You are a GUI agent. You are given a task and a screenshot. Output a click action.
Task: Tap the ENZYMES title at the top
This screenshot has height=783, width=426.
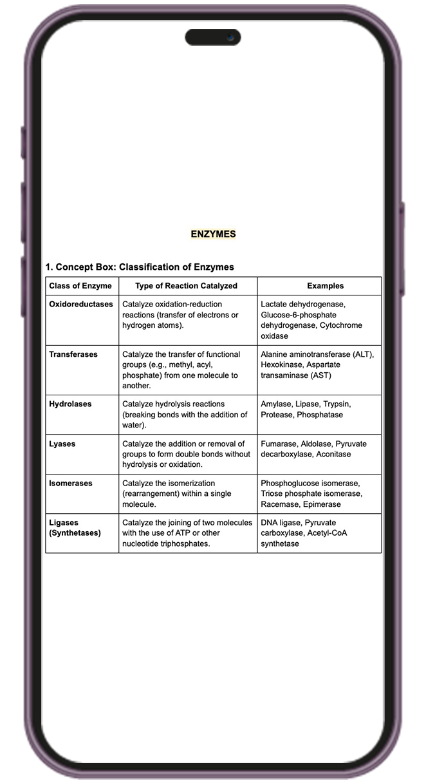213,234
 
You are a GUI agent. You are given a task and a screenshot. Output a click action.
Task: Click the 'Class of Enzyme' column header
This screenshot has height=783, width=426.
80,286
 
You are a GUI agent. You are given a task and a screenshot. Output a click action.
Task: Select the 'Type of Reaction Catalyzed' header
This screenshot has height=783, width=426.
186,286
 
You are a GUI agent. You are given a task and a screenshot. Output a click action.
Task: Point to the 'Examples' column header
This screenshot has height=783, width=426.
325,286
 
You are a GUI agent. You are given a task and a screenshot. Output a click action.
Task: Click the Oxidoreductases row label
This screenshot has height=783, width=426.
80,304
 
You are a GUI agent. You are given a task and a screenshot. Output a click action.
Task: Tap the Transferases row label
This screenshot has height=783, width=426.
73,354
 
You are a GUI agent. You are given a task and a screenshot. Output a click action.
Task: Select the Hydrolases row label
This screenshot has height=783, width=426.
70,404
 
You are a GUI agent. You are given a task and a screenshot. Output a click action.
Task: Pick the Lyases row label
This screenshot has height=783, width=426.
62,444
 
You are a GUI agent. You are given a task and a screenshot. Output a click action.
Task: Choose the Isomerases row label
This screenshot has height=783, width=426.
70,483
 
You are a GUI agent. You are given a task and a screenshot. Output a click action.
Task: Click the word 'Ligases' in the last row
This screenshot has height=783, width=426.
63,522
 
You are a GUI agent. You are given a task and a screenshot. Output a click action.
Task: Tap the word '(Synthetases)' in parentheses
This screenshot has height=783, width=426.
75,533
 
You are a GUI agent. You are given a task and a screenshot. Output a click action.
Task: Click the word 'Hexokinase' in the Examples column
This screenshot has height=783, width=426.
281,364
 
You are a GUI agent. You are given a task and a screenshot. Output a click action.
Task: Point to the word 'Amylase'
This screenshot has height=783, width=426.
276,404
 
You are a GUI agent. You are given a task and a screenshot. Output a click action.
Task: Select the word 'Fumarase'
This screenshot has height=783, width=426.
279,444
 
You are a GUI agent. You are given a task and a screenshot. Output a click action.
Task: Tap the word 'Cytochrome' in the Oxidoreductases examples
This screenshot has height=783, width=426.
340,325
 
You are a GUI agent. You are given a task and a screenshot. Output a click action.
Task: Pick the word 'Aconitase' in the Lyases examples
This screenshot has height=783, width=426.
333,454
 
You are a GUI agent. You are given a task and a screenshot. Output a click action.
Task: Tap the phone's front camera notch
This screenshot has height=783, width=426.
213,37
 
